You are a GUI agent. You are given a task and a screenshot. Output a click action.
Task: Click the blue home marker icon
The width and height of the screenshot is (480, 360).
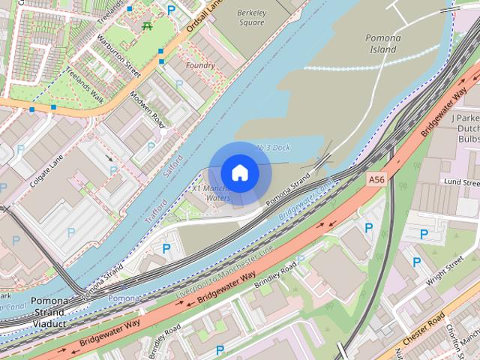[239, 172]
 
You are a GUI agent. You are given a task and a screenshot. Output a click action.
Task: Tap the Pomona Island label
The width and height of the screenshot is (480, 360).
[382, 44]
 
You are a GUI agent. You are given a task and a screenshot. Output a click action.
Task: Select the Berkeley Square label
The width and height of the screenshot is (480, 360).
[251, 17]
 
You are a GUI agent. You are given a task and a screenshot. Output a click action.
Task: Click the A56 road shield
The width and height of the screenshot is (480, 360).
[377, 181]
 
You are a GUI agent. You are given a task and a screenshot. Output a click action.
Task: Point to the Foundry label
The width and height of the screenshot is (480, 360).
[199, 66]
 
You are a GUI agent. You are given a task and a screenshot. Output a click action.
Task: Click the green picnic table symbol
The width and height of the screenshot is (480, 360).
[147, 26]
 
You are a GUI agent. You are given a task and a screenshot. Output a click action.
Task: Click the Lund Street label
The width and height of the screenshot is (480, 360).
[460, 182]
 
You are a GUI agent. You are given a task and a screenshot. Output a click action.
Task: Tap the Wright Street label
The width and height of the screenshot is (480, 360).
[445, 273]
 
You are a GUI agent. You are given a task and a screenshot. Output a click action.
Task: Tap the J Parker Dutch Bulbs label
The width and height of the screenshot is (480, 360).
[464, 128]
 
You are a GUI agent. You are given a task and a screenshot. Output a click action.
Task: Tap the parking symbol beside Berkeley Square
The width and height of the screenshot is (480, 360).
[172, 10]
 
